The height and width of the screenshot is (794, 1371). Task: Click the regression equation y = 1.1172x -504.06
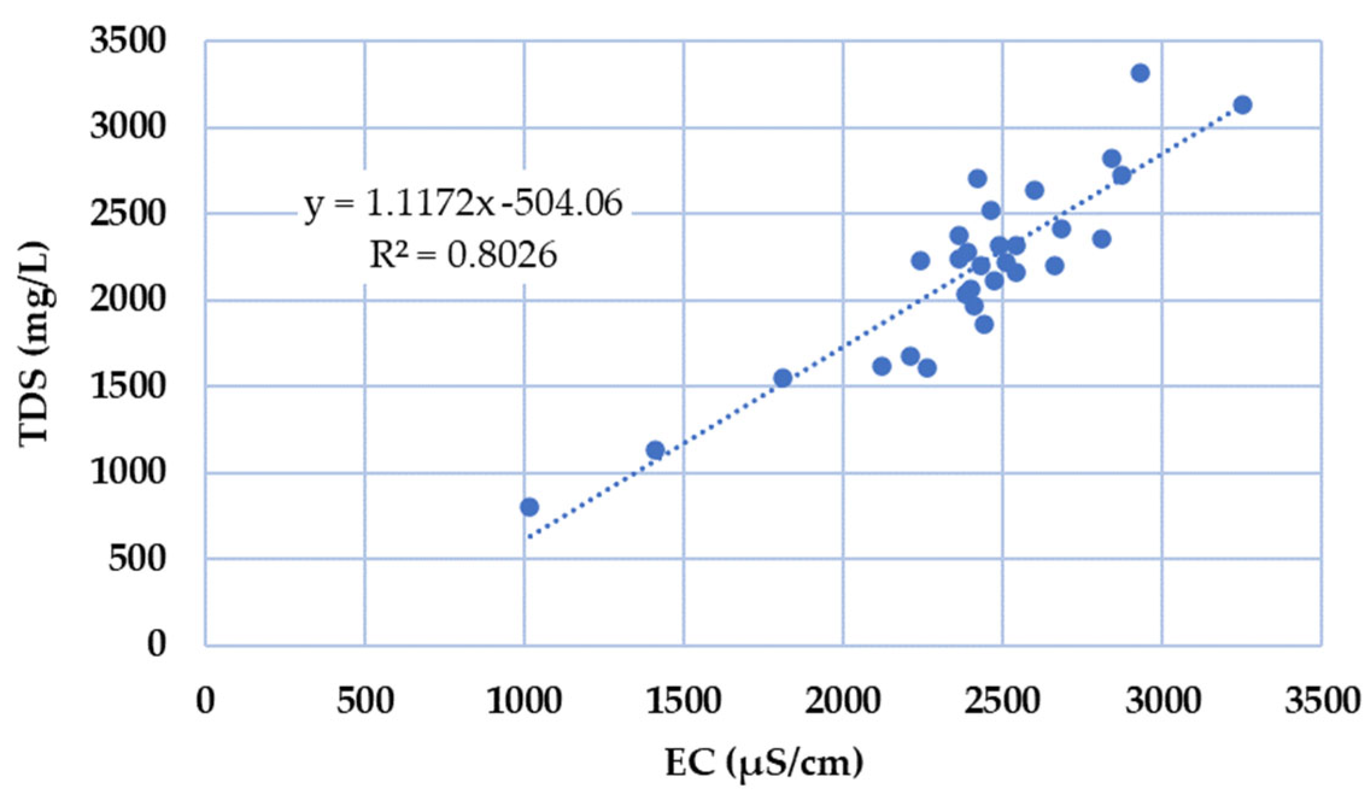click(x=463, y=203)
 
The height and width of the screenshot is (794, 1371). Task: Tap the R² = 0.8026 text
click(x=462, y=255)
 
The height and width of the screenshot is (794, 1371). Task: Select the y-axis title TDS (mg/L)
click(x=34, y=344)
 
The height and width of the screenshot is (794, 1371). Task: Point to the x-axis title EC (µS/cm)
click(x=764, y=763)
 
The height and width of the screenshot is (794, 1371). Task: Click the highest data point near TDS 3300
click(x=1140, y=73)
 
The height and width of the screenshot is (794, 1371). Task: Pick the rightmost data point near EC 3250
click(x=1242, y=105)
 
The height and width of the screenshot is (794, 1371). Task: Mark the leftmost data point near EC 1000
click(x=529, y=507)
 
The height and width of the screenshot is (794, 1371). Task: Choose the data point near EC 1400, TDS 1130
click(x=655, y=450)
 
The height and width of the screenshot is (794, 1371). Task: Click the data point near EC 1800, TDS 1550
click(x=783, y=378)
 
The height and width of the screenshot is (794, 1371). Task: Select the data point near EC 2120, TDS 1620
click(x=881, y=366)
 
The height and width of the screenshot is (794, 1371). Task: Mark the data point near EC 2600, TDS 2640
click(x=1034, y=190)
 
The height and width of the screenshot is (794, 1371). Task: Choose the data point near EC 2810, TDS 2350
click(x=1102, y=239)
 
